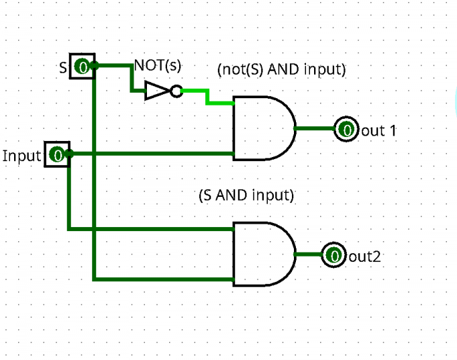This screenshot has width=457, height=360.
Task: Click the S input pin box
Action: (83, 66)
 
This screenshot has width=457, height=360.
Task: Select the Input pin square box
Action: (57, 155)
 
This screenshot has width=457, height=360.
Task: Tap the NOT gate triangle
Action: (157, 91)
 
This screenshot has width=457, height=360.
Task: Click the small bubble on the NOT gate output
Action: (176, 91)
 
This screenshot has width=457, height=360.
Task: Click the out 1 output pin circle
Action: (346, 129)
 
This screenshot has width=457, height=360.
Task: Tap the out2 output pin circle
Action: (334, 255)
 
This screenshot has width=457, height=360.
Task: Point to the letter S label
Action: (63, 66)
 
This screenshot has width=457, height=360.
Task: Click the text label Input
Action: (22, 156)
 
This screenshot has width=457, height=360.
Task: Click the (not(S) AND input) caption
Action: (281, 69)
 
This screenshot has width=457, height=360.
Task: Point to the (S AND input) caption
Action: (246, 195)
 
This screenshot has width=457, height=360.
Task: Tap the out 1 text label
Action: (378, 130)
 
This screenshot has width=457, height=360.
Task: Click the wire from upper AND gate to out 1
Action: (315, 128)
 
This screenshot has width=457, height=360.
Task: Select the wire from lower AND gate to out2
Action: (308, 255)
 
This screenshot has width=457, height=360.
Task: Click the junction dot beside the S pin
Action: (95, 65)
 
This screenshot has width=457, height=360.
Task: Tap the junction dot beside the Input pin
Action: (69, 154)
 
